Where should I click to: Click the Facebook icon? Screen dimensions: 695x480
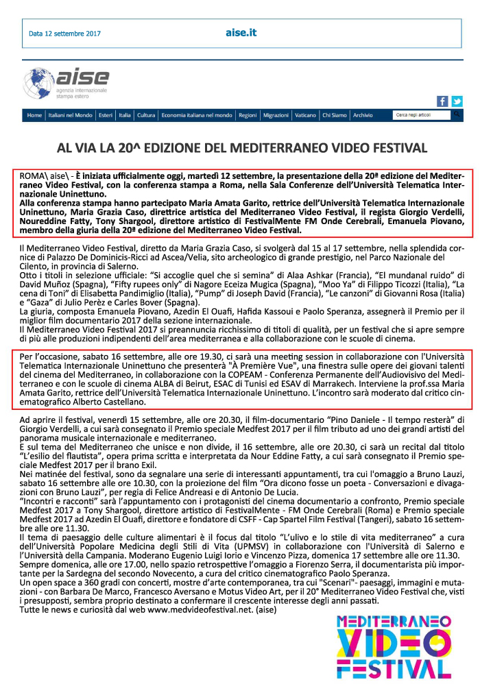pos(442,101)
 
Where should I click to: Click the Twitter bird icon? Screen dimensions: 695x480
pos(457,101)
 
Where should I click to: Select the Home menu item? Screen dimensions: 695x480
pos(34,116)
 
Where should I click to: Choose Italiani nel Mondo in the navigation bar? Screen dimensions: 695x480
pos(70,116)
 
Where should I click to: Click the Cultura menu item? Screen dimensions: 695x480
pos(146,116)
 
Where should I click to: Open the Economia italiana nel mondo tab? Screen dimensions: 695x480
pos(197,116)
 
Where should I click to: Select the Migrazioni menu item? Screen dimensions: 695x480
pos(276,116)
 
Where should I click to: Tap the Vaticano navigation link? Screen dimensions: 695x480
pos(306,116)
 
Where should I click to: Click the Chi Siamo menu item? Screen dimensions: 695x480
pos(335,116)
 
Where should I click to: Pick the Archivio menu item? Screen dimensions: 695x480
pos(363,116)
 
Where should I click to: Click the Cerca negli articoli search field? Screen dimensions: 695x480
pos(419,116)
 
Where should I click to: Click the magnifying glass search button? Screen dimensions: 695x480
pos(457,115)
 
